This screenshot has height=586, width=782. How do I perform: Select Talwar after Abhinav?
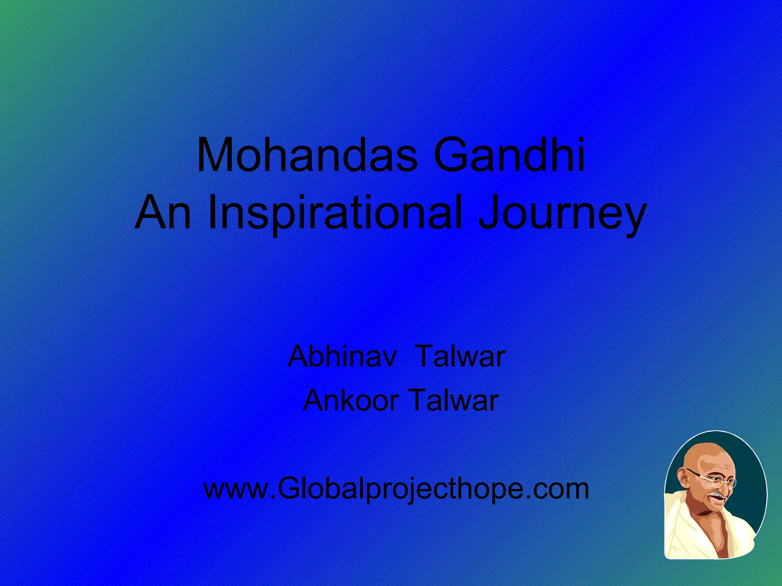click(x=460, y=357)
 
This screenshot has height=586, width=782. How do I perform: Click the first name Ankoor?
click(x=351, y=401)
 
